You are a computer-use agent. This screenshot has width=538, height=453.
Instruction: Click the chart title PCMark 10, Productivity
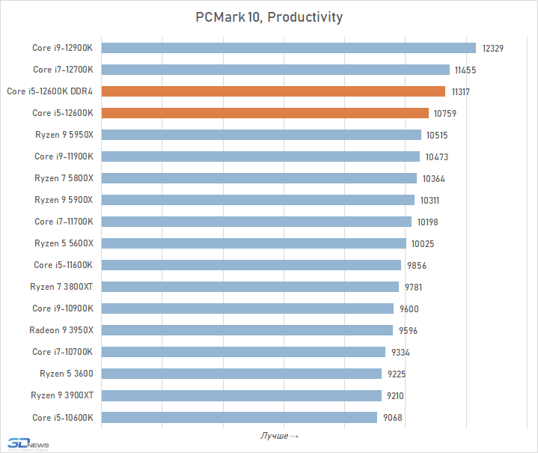269,16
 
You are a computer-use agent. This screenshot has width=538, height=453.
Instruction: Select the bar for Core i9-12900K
288,48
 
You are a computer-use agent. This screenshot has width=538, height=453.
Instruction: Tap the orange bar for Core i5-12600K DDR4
274,91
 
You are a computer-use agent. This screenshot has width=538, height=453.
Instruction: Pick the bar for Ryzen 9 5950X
261,135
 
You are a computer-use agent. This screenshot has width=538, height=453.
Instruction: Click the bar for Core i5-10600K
239,417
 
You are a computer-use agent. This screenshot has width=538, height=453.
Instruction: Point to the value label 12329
493,49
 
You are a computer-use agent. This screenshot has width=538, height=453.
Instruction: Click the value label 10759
444,114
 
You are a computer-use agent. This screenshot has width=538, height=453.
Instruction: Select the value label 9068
394,418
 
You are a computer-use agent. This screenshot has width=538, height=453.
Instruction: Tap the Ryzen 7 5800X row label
64,178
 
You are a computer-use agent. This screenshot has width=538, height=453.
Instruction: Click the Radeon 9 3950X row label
61,330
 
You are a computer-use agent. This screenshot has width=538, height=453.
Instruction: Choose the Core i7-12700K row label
63,70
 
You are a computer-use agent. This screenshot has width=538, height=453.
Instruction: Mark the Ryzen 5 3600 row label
67,374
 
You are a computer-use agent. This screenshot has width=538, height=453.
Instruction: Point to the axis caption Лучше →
279,436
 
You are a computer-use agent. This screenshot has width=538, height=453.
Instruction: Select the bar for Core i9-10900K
247,308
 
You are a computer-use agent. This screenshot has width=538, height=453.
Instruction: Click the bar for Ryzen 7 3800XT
250,287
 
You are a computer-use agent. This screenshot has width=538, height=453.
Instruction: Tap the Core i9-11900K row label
64,156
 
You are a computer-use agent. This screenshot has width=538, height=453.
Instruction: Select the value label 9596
407,331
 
